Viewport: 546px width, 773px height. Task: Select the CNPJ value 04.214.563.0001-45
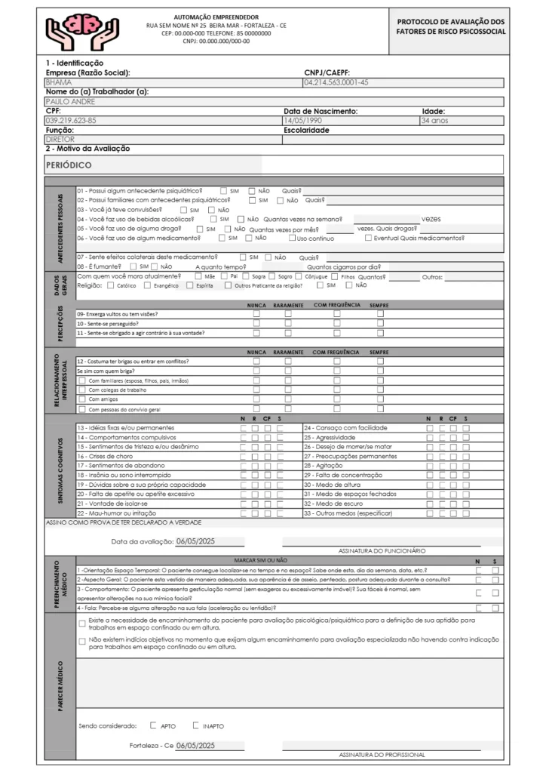[x=336, y=82]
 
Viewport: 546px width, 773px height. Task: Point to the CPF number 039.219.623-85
[x=72, y=120]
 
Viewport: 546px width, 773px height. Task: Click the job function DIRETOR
[x=61, y=139]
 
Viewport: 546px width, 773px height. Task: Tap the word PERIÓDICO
[x=69, y=164]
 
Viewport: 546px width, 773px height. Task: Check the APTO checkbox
[x=154, y=725]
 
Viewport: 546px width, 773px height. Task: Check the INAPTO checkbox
[x=196, y=725]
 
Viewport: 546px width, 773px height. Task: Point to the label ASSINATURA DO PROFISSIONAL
[x=382, y=753]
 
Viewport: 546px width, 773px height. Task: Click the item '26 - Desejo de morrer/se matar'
[x=349, y=446]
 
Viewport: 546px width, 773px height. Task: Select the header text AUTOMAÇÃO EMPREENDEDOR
[x=216, y=16]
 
